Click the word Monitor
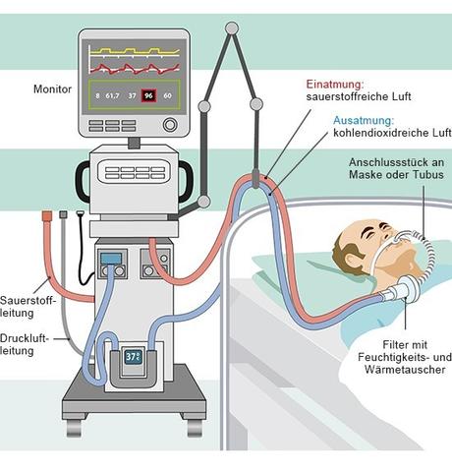coord(52,88)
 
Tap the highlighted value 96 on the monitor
coord(148,95)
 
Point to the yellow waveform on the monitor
coord(134,49)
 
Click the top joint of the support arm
coord(231,27)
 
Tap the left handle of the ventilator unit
coord(85,182)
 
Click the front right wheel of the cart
coord(195,427)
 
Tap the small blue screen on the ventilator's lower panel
coord(111,260)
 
